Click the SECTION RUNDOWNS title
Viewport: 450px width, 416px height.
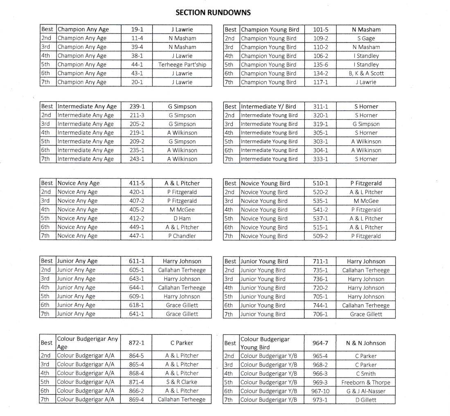[213, 12]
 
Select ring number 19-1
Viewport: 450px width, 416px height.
[137, 29]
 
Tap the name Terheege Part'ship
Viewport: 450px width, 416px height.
[182, 65]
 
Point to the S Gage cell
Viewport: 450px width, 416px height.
[366, 38]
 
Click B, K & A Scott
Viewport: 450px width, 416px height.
[366, 73]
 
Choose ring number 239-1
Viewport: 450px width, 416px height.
[137, 107]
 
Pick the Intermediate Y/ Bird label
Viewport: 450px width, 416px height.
[268, 107]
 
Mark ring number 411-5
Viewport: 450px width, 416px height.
[137, 183]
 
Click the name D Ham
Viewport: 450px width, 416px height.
[182, 218]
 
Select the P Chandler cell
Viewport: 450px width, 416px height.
[182, 236]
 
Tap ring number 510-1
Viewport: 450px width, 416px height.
[320, 183]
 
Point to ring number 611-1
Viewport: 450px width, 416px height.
[137, 261]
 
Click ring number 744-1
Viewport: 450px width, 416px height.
[320, 305]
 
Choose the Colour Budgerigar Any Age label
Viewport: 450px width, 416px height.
[88, 343]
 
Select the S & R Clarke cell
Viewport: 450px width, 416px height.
[182, 382]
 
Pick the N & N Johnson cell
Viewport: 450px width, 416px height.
[366, 343]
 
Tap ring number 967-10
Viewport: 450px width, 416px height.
[320, 391]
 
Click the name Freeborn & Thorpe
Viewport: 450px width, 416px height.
[366, 383]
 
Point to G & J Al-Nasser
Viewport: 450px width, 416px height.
[366, 391]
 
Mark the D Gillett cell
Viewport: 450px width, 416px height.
[366, 400]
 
